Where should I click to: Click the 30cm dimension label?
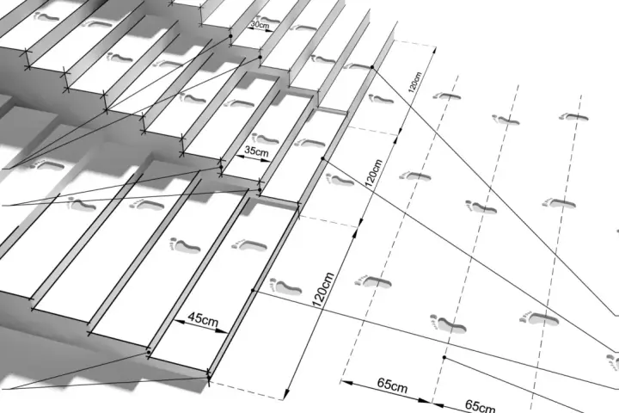click(x=260, y=24)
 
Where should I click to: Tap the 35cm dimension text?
click(x=256, y=151)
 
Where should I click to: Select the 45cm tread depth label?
click(x=203, y=318)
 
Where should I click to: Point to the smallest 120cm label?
click(x=414, y=83)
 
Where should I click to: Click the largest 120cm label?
click(x=323, y=290)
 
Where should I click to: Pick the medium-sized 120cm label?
click(x=373, y=173)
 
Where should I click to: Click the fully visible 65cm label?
click(x=392, y=385)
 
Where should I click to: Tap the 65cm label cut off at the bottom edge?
click(x=480, y=406)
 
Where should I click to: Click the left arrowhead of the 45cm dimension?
click(x=179, y=322)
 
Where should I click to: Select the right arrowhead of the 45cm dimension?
click(x=222, y=330)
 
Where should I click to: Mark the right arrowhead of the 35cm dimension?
click(x=266, y=160)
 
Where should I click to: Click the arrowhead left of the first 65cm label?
click(x=346, y=383)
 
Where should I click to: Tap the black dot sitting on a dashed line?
click(x=444, y=357)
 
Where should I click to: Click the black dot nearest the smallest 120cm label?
click(x=372, y=67)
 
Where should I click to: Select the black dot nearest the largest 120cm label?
click(x=253, y=291)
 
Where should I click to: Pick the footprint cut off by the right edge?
click(x=613, y=362)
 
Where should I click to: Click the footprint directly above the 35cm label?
click(x=266, y=139)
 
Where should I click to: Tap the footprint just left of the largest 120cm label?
click(x=285, y=287)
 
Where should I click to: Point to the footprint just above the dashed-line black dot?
click(x=448, y=324)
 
